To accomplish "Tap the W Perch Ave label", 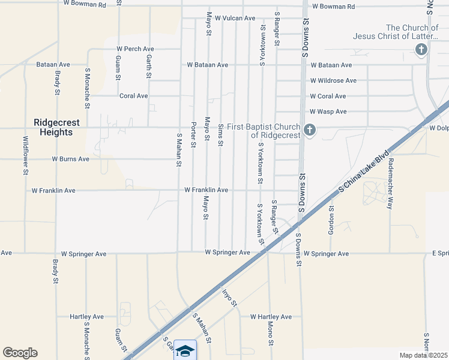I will click(135, 49).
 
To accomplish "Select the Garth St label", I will click(149, 67).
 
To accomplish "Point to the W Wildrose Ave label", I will click(333, 80).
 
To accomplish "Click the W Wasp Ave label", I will click(328, 112).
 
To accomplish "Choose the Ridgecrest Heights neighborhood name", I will click(56, 127).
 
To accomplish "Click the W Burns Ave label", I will click(70, 159).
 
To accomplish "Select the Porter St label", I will click(193, 134).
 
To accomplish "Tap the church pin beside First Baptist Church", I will click(309, 130).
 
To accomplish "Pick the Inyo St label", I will click(230, 298).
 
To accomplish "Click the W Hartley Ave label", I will click(271, 317).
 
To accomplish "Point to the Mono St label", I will click(271, 335).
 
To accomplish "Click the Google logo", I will click(20, 353).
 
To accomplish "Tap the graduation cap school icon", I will click(185, 350).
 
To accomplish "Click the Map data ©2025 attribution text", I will click(423, 355).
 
